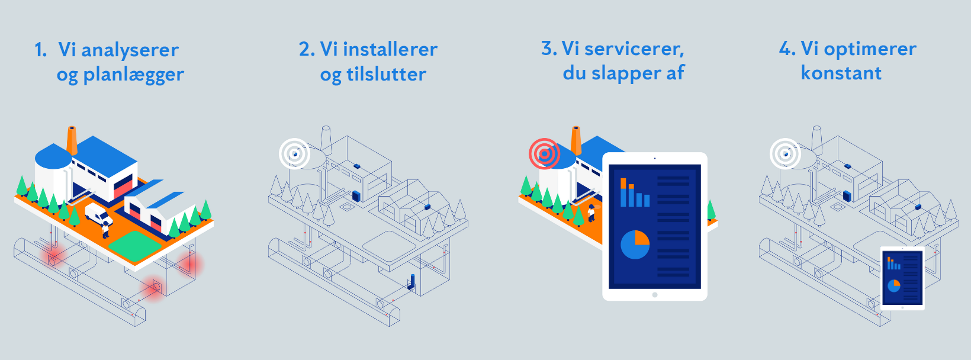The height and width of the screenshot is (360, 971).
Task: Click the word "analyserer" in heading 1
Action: [x=130, y=50]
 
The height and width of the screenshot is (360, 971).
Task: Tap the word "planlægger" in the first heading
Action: [x=133, y=75]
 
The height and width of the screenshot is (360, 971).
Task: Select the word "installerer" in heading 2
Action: [x=390, y=49]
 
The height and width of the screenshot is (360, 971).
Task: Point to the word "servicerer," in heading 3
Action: [x=634, y=49]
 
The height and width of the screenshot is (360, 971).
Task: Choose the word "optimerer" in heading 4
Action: [x=870, y=49]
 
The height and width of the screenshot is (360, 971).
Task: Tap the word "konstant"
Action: [x=841, y=73]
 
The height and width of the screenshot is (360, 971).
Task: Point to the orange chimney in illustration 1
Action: [x=72, y=140]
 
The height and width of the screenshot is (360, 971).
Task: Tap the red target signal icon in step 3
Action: [x=544, y=154]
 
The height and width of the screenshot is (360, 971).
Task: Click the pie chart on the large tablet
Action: [x=635, y=245]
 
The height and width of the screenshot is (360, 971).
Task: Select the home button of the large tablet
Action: [x=654, y=294]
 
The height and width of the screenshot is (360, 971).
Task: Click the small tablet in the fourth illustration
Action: [x=902, y=278]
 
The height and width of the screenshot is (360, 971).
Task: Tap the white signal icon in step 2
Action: [x=294, y=154]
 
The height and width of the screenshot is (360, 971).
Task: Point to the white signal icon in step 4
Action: [x=785, y=154]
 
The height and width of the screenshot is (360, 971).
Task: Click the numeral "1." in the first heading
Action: [x=40, y=50]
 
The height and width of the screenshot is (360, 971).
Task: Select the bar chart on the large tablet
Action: [x=634, y=193]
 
